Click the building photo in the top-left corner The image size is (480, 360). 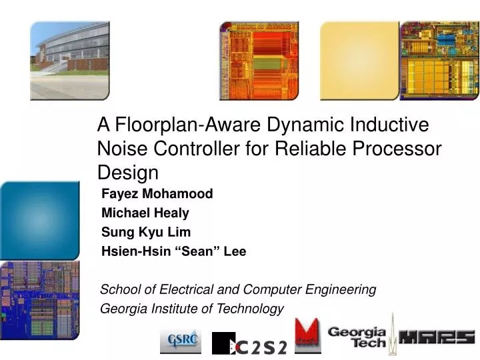point(69,60)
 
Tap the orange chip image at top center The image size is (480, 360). point(259,60)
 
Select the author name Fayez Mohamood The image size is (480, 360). point(157,194)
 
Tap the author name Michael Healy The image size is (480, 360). point(145,213)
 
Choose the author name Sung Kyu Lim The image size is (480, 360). point(146,232)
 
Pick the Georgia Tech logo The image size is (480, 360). point(357,337)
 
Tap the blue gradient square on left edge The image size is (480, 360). point(39,220)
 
